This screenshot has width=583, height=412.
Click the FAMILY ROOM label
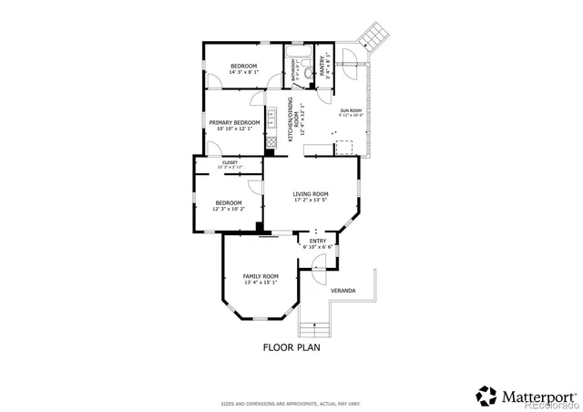[261, 275]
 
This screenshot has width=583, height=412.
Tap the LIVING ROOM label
[311, 194]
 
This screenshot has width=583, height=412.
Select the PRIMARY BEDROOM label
[234, 122]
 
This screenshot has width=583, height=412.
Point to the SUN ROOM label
[351, 110]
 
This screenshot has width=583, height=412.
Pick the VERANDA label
[343, 291]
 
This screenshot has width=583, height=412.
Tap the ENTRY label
[317, 241]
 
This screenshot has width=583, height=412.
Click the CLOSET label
[230, 162]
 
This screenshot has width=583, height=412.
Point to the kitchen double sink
[271, 118]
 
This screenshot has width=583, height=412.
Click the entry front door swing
[318, 263]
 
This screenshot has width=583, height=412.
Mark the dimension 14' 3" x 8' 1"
[243, 72]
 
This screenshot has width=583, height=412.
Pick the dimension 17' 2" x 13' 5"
[311, 201]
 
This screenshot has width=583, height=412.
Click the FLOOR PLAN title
[291, 347]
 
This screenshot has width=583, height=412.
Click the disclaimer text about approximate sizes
[291, 403]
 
